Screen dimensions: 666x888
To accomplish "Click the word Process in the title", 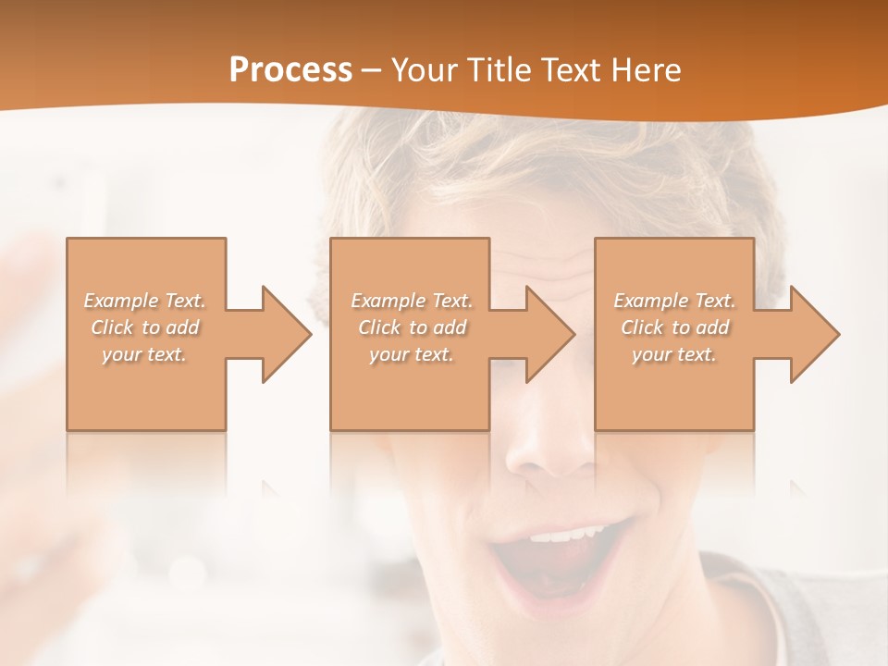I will click(x=290, y=69).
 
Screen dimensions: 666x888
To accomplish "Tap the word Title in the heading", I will click(x=498, y=69).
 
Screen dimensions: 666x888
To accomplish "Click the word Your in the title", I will click(x=424, y=69).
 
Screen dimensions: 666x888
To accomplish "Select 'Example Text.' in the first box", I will click(x=145, y=301).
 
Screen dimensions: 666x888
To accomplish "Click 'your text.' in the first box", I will click(x=145, y=354).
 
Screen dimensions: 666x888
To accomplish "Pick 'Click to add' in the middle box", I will click(x=412, y=327).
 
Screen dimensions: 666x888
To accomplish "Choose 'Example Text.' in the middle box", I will click(x=412, y=301).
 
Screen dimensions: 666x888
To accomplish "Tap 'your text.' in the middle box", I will click(x=412, y=354).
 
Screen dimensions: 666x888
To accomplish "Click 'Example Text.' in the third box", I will click(x=674, y=301).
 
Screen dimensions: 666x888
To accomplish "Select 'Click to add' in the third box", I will click(x=674, y=327).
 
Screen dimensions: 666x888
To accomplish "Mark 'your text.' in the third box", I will click(x=674, y=354).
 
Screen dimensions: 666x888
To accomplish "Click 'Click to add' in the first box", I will click(x=145, y=327).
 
